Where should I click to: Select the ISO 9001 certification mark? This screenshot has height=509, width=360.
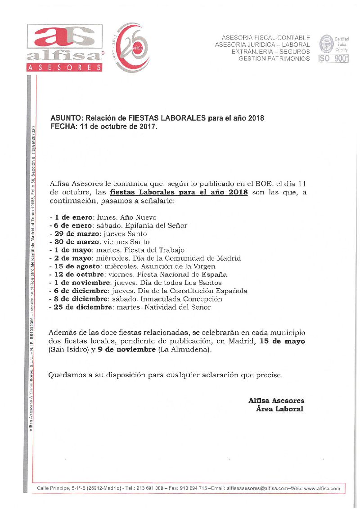pos(333,49)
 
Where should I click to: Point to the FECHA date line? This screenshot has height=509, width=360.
pos(104,127)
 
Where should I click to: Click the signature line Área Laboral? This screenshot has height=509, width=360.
pos(279,409)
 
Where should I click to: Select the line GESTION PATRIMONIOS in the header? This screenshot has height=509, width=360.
pos(274,59)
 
